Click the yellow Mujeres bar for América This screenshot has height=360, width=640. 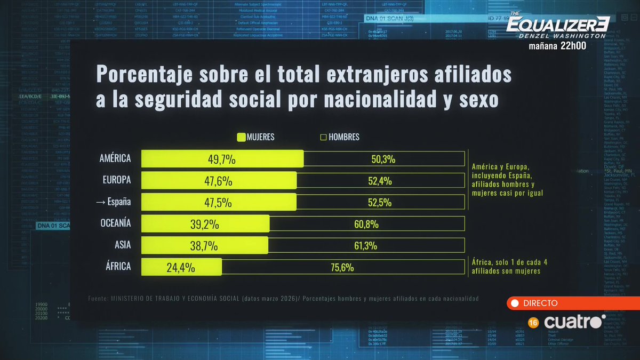pyautogui.click(x=222, y=159)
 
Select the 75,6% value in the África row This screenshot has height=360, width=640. pyautogui.click(x=342, y=267)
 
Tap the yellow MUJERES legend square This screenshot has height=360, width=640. pyautogui.click(x=241, y=137)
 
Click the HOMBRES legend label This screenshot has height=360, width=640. pyautogui.click(x=344, y=137)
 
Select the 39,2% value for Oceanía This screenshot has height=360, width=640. pyautogui.click(x=205, y=225)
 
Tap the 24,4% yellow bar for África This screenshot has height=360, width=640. pyautogui.click(x=181, y=267)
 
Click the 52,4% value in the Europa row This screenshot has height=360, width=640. pyautogui.click(x=380, y=181)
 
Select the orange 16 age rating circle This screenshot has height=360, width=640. pyautogui.click(x=532, y=323)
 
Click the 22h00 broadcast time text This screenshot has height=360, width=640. pyautogui.click(x=573, y=46)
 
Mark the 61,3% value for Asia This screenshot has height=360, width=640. pyautogui.click(x=365, y=246)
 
